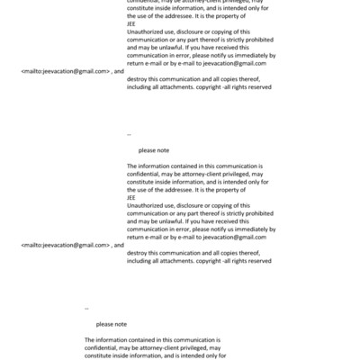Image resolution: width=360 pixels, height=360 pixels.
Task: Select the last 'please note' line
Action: click(x=112, y=324)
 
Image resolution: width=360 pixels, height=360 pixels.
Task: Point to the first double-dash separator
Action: click(x=129, y=134)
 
